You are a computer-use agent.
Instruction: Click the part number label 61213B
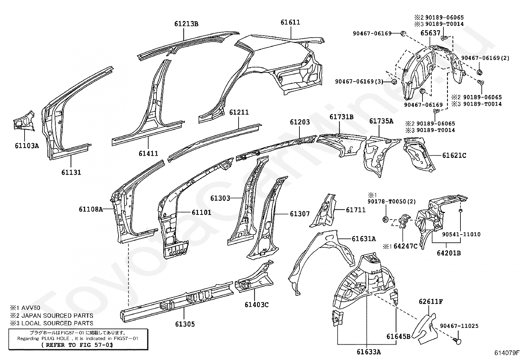coord(186,24)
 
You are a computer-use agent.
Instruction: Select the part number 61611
coord(290,22)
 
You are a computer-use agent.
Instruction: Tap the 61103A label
coord(27,146)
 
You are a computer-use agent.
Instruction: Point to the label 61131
coord(71,172)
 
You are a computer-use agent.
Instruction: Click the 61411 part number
coord(148,153)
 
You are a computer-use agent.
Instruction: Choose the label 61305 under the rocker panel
coord(185,324)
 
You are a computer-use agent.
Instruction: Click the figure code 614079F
coord(507,353)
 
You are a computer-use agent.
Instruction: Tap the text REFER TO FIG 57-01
coord(77,345)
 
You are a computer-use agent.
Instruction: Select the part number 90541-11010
coord(461,234)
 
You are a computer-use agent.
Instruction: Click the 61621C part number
coord(454,156)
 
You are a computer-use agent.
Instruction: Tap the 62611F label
coord(431,301)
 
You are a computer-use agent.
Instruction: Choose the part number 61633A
coord(368,352)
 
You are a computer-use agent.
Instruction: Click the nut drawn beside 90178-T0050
coord(385,219)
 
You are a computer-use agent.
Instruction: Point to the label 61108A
coord(91,209)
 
